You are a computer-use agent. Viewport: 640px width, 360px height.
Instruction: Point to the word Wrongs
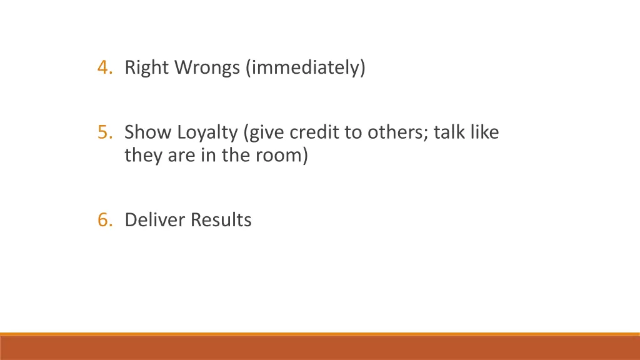click(206, 67)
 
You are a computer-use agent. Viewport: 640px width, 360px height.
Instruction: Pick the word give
click(266, 132)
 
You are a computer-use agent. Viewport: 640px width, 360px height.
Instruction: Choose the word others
click(392, 132)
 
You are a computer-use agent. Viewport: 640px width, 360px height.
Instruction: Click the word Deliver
click(155, 220)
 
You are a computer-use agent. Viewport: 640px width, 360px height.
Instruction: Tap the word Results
click(221, 220)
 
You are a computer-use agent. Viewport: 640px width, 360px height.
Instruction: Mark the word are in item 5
click(178, 154)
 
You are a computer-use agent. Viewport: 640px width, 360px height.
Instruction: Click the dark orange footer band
click(320, 348)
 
